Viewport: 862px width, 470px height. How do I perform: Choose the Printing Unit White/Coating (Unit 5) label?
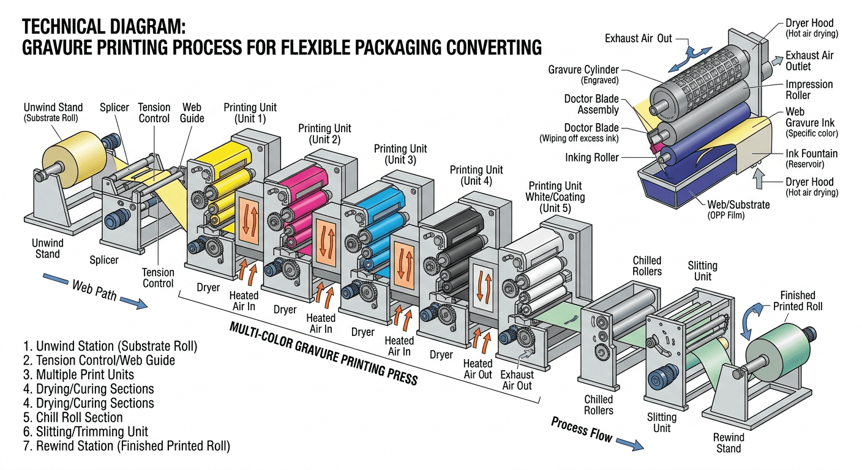(555, 197)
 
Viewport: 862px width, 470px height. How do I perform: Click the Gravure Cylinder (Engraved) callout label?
(583, 74)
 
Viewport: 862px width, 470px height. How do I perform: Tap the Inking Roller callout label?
(592, 158)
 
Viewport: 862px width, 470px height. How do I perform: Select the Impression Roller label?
(809, 89)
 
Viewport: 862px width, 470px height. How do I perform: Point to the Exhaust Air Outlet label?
(809, 61)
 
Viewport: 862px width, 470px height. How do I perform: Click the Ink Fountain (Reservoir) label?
(811, 159)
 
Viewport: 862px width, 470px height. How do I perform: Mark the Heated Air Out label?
(478, 369)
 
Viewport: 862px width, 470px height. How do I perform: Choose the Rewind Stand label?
(729, 442)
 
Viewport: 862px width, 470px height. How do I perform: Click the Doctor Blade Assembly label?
(591, 105)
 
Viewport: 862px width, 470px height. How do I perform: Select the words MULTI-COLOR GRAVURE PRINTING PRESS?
(323, 353)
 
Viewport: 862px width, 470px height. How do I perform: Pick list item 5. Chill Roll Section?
(79, 417)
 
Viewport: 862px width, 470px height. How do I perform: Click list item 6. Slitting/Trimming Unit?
(92, 431)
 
